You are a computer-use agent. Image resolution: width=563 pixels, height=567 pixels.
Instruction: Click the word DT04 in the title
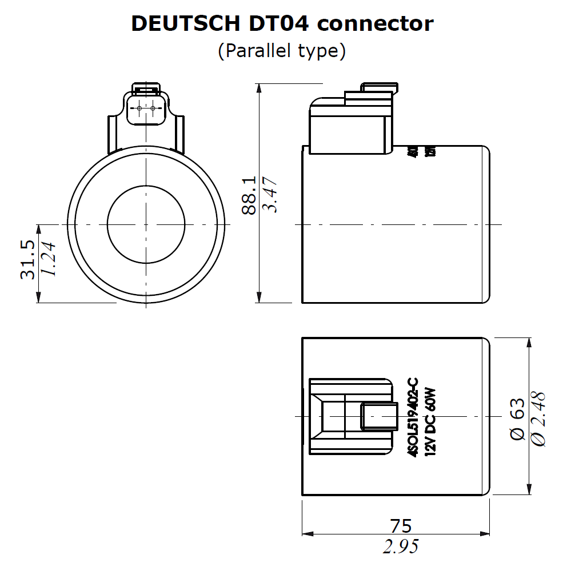(x=281, y=23)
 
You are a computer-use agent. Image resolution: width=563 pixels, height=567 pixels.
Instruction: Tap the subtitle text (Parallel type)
(x=281, y=51)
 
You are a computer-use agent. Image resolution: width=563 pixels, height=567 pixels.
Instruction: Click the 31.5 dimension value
(x=28, y=259)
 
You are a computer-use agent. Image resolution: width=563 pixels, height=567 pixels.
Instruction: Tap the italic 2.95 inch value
(x=400, y=547)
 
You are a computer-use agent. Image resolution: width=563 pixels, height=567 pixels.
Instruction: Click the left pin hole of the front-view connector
(x=139, y=108)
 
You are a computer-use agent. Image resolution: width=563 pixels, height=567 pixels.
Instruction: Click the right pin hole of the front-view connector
(x=153, y=108)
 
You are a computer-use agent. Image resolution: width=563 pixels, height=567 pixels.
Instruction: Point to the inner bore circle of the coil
(x=146, y=224)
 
